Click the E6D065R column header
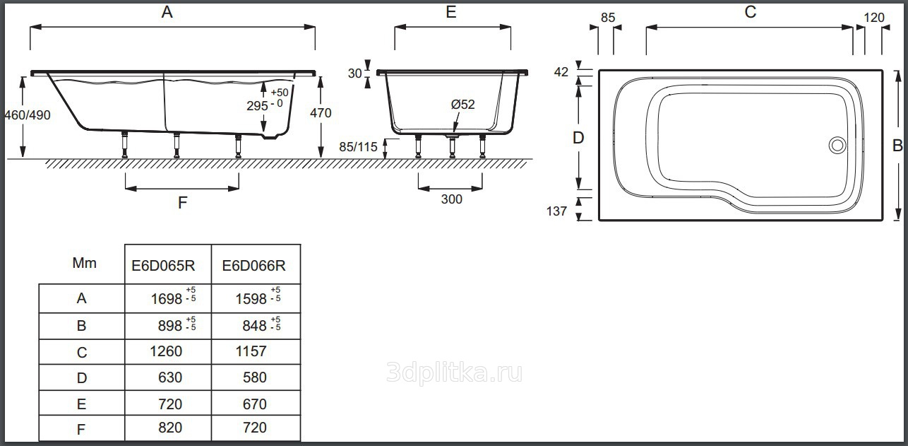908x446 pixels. tap(163, 266)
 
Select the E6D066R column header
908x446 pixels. tap(253, 266)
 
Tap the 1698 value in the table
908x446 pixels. tap(166, 299)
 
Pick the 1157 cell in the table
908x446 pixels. tap(251, 351)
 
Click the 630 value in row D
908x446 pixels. tap(170, 377)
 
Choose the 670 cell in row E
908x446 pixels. tap(255, 404)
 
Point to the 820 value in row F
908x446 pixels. tap(170, 428)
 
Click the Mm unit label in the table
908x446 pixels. tap(84, 263)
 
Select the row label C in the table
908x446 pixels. tap(82, 353)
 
